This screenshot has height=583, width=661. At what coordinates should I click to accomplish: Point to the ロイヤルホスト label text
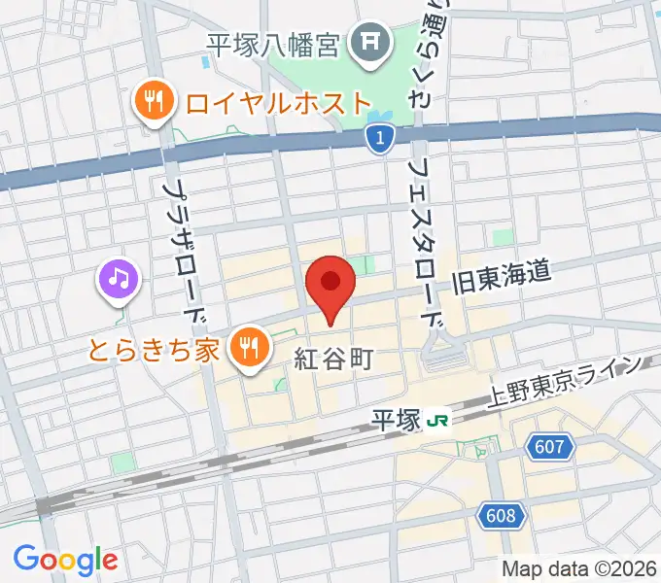(x=278, y=101)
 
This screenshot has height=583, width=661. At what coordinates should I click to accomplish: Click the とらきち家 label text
(x=155, y=349)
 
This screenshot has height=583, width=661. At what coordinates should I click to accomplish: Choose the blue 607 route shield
(x=550, y=447)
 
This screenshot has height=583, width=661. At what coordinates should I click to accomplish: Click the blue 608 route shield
(x=501, y=514)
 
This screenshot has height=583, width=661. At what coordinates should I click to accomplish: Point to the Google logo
(x=65, y=559)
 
